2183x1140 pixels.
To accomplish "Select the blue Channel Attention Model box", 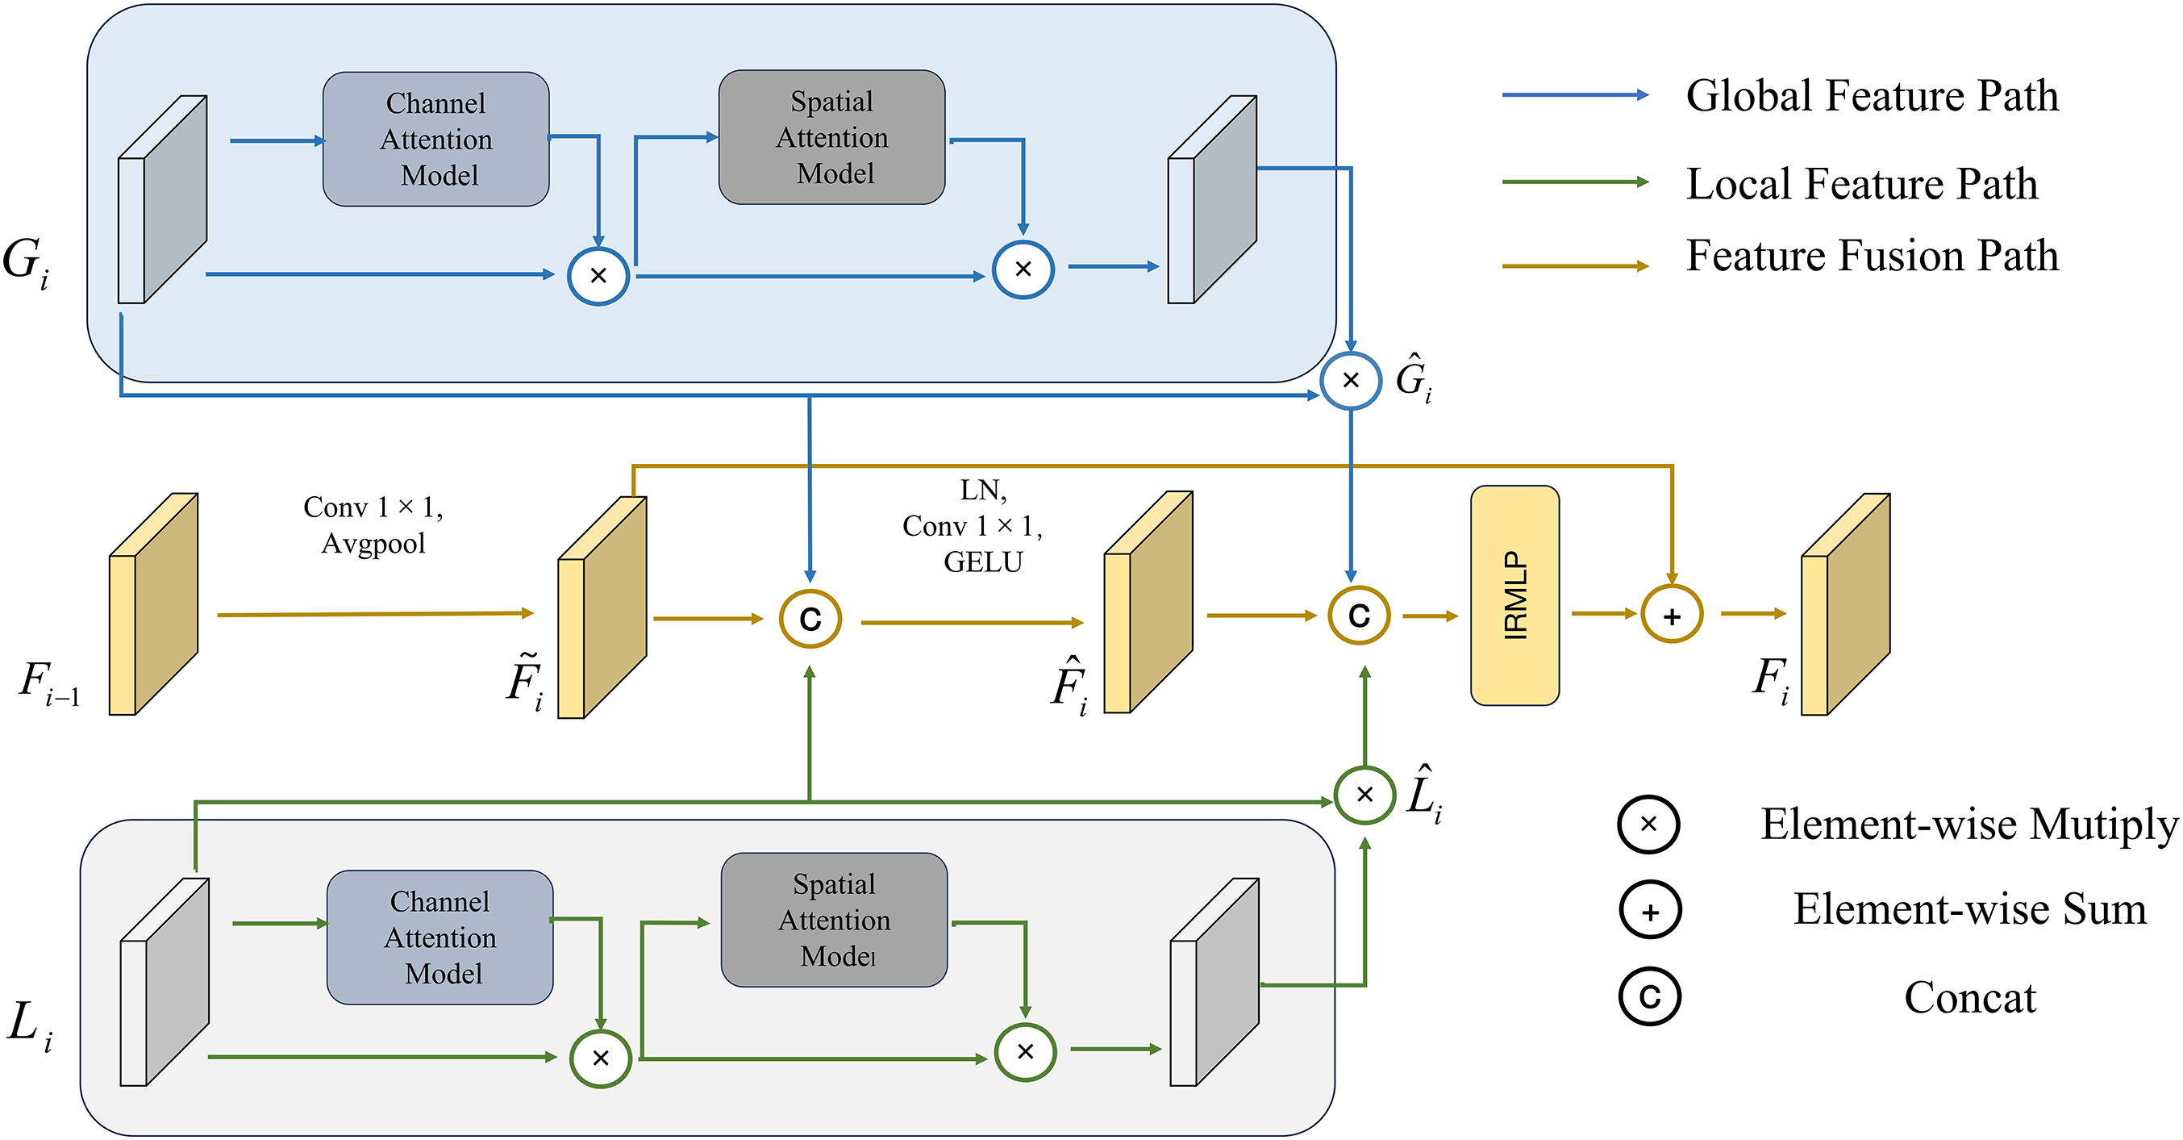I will (x=435, y=139).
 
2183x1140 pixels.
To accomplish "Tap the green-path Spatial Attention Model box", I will (x=834, y=920).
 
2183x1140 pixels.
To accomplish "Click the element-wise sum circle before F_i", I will (x=1671, y=616).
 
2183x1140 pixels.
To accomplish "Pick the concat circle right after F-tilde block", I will (x=810, y=619).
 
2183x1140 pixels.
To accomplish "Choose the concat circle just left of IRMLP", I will (x=1359, y=616).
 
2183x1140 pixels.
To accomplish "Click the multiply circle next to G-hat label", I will (x=1351, y=381).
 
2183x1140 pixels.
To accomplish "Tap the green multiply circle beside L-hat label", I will (x=1364, y=794).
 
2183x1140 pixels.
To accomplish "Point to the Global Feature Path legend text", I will (x=1871, y=95).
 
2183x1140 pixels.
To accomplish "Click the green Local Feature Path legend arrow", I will (x=1574, y=182).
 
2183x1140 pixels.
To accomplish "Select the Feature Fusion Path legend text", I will (x=1871, y=255).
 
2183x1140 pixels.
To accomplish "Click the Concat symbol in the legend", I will (x=1649, y=996).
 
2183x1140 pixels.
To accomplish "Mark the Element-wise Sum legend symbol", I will (x=1649, y=911).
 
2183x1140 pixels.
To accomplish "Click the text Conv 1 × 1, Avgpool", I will (x=373, y=524).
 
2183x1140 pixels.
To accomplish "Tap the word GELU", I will (x=983, y=562).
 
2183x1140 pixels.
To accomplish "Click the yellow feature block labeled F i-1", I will (x=152, y=604).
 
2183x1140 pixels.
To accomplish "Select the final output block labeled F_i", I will (x=1845, y=604).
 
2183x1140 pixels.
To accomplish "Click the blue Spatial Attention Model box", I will (x=831, y=137).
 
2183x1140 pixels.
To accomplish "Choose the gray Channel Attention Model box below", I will (x=440, y=937).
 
